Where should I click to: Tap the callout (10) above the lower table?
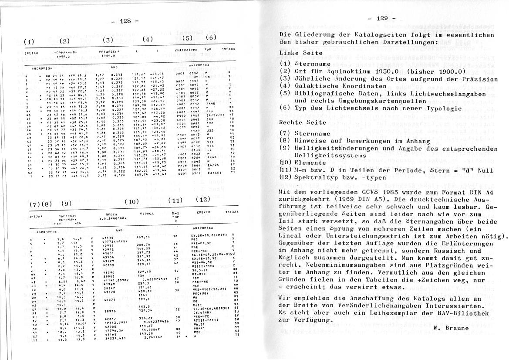point(132,202)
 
